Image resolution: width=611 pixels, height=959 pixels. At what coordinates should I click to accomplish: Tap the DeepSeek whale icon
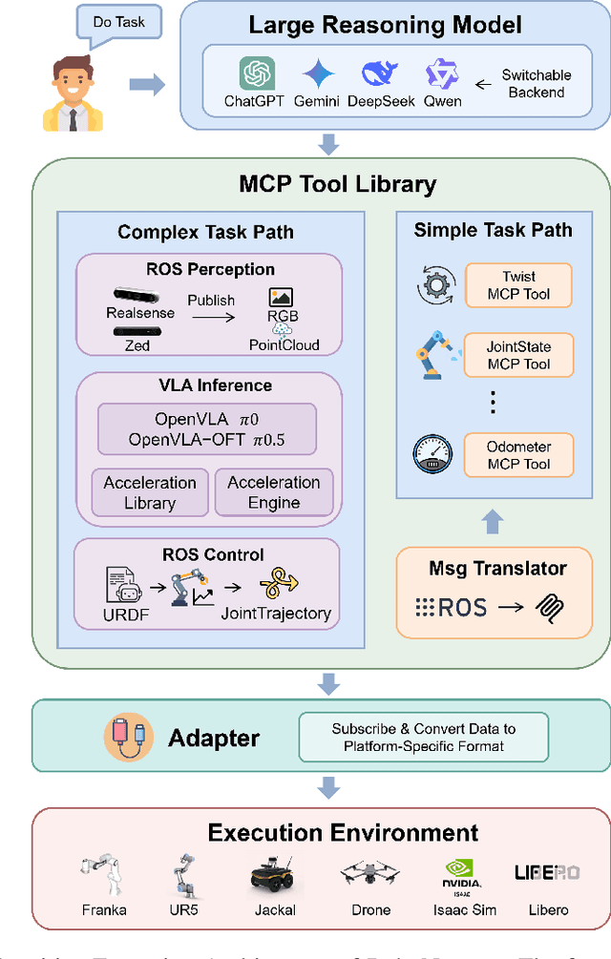[379, 73]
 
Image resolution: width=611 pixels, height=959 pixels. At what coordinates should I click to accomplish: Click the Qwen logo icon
[442, 73]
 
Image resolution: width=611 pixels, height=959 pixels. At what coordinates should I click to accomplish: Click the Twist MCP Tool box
[518, 285]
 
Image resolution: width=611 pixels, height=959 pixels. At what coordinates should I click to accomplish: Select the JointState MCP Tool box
[518, 355]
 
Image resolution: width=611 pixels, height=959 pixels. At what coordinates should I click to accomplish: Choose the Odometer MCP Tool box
[518, 454]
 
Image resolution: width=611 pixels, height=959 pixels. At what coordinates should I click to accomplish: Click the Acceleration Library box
[150, 492]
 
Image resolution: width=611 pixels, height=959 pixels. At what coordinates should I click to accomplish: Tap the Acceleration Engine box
[274, 492]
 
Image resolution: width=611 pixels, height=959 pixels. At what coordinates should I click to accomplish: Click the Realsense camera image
[140, 294]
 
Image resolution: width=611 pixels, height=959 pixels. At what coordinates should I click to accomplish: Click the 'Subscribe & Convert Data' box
[424, 737]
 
